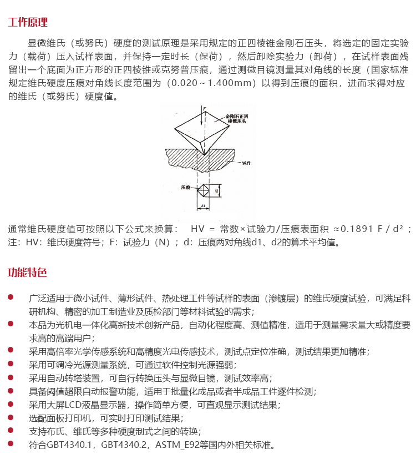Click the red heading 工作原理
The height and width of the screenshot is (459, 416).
pos(28,23)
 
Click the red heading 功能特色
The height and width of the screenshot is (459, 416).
pos(28,273)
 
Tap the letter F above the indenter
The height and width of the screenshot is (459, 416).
pos(205,108)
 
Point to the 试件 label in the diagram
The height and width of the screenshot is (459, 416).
pos(246,163)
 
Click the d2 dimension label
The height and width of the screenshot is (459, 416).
pos(216,191)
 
